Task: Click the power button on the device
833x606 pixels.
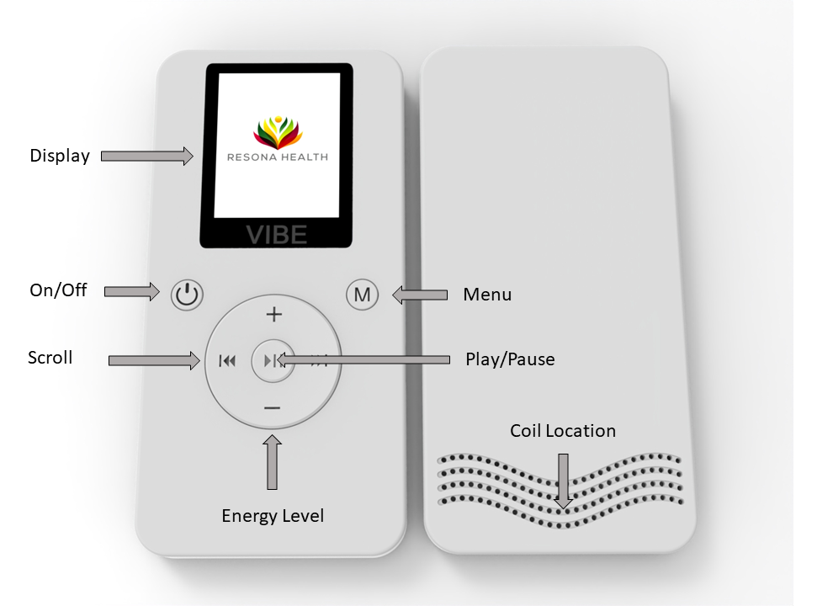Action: point(188,295)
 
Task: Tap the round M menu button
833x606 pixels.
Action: point(362,295)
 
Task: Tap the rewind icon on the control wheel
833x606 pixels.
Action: point(226,361)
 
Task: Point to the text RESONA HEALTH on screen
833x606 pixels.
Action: point(278,157)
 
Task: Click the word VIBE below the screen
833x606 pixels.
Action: point(276,235)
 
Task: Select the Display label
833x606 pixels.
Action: point(60,156)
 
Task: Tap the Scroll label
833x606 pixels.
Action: point(50,358)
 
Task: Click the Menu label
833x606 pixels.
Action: point(487,295)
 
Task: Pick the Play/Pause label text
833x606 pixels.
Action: point(510,359)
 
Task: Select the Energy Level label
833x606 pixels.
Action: point(273,515)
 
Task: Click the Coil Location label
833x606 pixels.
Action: point(563,431)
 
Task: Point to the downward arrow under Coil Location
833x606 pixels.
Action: point(563,481)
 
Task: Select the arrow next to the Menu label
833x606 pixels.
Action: point(420,295)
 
